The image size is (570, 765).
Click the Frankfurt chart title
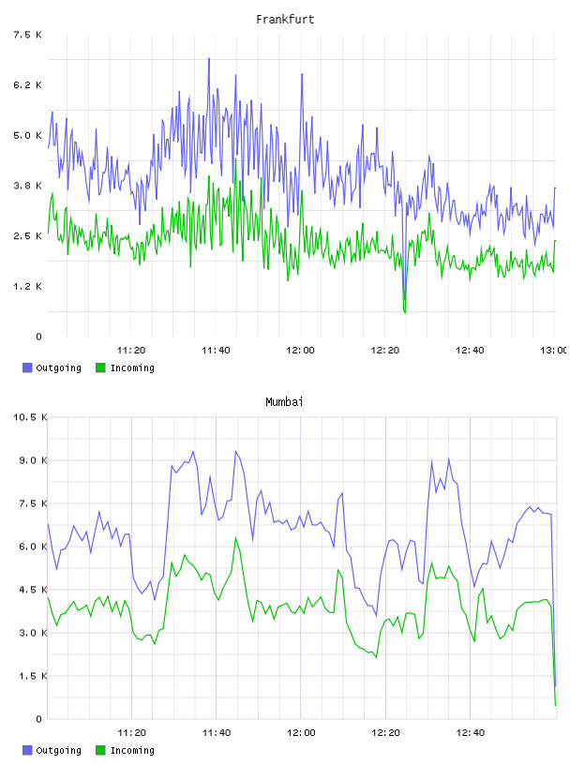pos(285,20)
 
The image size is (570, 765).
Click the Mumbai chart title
pos(284,402)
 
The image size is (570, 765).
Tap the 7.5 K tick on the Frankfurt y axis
pos(27,35)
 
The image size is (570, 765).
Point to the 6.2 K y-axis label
pos(27,85)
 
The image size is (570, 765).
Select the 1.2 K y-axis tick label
pos(27,286)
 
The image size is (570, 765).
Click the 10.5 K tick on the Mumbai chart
pos(30,417)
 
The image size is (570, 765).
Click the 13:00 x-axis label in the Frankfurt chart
pos(553,350)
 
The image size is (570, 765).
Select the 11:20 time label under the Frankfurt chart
pos(131,350)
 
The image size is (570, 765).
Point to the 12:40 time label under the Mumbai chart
pos(471,732)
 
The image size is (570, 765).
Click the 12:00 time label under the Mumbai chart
pos(301,732)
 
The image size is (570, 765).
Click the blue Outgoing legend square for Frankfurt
pos(27,367)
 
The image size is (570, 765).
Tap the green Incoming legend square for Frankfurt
pos(100,367)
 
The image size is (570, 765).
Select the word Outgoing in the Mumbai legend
pos(58,750)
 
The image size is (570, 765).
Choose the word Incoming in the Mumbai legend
pos(132,750)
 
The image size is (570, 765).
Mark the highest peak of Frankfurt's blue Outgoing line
pos(209,58)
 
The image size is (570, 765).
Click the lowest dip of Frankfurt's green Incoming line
pos(405,312)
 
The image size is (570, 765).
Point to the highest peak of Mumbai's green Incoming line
pos(235,537)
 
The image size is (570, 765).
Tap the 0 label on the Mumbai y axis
pos(39,719)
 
